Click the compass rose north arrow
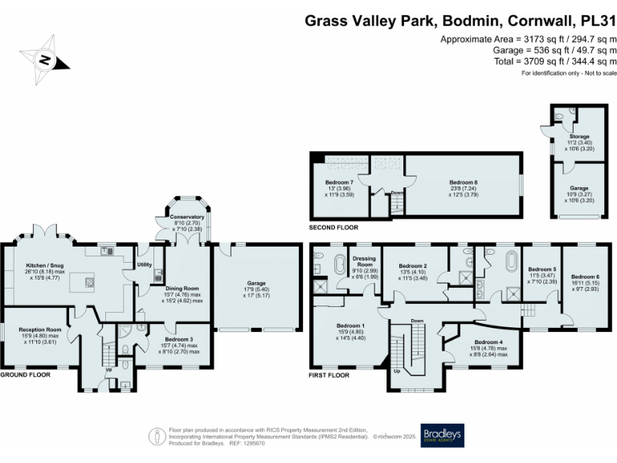pyautogui.click(x=46, y=60)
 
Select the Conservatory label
pyautogui.click(x=186, y=217)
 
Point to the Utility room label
pyautogui.click(x=145, y=264)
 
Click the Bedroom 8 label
pyautogui.click(x=464, y=182)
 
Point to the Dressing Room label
pyautogui.click(x=365, y=261)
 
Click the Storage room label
pyautogui.click(x=579, y=137)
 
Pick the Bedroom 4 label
pyautogui.click(x=488, y=342)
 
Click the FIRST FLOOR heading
pyautogui.click(x=329, y=375)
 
